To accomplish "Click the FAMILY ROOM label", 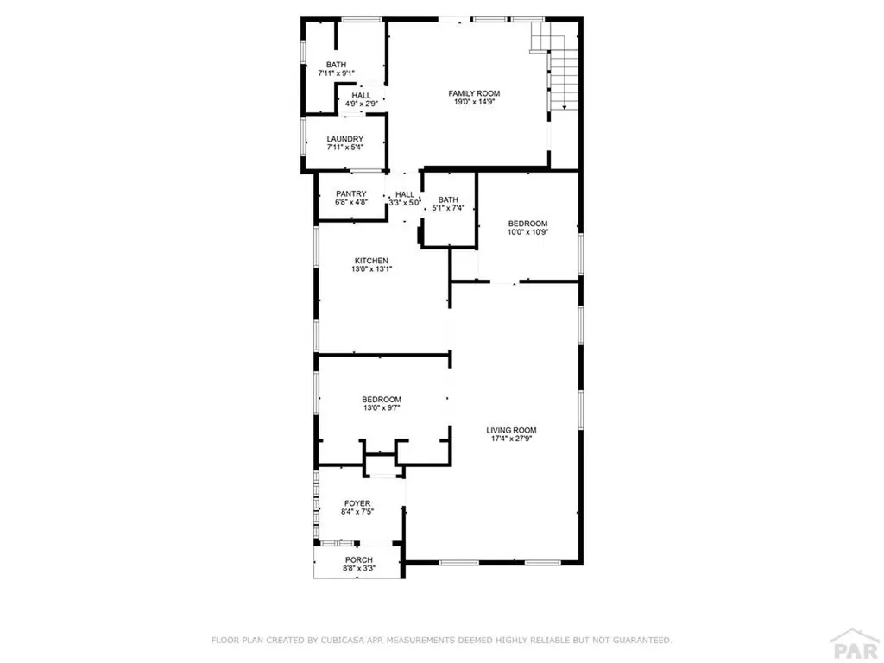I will pyautogui.click(x=473, y=93).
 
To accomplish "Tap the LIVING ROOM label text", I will pyautogui.click(x=511, y=430).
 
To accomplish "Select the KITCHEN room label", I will pyautogui.click(x=371, y=261).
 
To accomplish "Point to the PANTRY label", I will pyautogui.click(x=351, y=194).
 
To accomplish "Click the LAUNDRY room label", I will pyautogui.click(x=344, y=139).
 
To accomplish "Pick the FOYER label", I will pyautogui.click(x=357, y=503).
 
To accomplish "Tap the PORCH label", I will pyautogui.click(x=358, y=560).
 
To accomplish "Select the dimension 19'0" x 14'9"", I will pyautogui.click(x=473, y=102).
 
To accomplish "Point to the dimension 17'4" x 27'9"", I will pyautogui.click(x=511, y=439).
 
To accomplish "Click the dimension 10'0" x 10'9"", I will pyautogui.click(x=527, y=232).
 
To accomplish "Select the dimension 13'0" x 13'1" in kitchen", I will pyautogui.click(x=371, y=269).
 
